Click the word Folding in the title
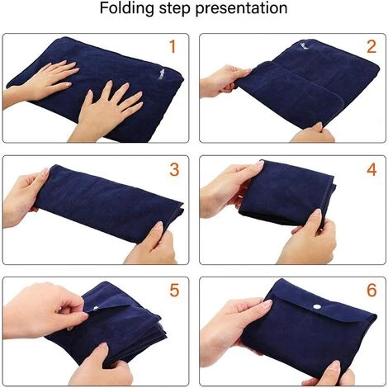point(127,8)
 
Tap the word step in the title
point(175,9)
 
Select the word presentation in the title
point(241,9)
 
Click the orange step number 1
point(173,46)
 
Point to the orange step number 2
point(371,46)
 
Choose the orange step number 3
point(174,169)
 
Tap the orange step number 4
point(371,169)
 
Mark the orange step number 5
point(174,290)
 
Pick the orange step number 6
point(371,290)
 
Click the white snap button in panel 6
point(318,306)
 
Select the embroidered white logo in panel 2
point(305,45)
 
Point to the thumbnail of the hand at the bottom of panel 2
point(318,126)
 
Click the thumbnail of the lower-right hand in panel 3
point(159,226)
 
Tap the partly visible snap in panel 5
point(95,308)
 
